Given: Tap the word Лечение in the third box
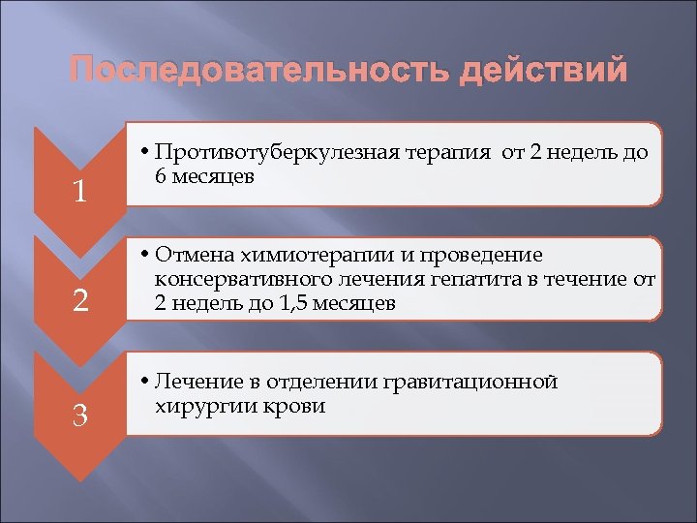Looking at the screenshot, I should (199, 382).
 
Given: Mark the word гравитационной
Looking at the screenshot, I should (475, 382).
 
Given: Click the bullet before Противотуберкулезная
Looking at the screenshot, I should (143, 154).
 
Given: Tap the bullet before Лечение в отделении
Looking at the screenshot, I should (143, 383).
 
